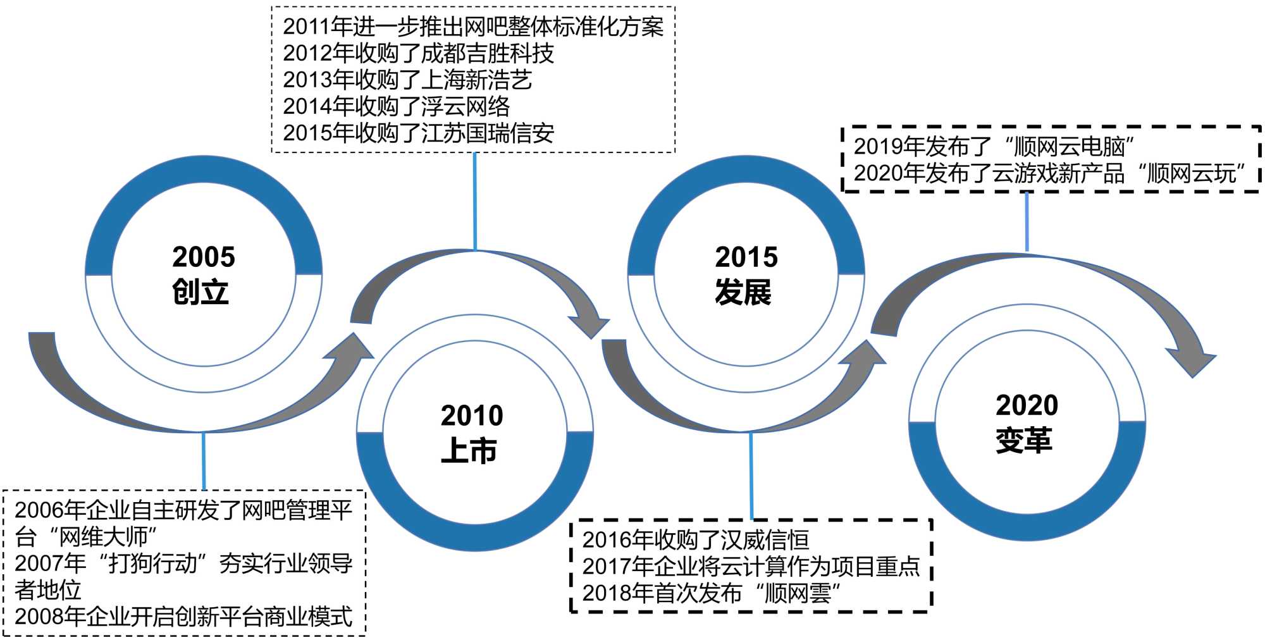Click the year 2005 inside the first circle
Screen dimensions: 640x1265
[203, 257]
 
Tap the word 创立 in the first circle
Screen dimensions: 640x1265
[200, 292]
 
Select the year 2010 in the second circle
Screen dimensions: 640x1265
[472, 416]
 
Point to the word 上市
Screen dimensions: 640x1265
[469, 452]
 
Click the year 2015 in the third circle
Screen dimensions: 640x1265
[746, 257]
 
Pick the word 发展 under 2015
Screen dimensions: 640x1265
[743, 292]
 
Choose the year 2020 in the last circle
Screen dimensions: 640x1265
[1027, 405]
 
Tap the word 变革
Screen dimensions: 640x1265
[1023, 441]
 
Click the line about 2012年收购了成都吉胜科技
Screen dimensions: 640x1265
[418, 54]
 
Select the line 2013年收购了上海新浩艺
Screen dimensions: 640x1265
[407, 80]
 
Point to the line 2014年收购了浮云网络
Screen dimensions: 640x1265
[396, 107]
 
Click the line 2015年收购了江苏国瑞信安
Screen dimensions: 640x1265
[418, 133]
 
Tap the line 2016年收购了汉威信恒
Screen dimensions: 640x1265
[695, 540]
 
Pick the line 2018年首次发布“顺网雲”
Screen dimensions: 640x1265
[712, 593]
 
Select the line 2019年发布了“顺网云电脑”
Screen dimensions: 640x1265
[994, 147]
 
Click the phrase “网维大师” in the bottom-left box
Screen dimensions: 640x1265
[108, 537]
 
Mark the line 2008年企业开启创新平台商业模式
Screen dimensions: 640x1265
[183, 617]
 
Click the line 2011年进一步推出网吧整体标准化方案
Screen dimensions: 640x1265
[473, 27]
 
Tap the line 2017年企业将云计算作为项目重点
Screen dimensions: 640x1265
[751, 567]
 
